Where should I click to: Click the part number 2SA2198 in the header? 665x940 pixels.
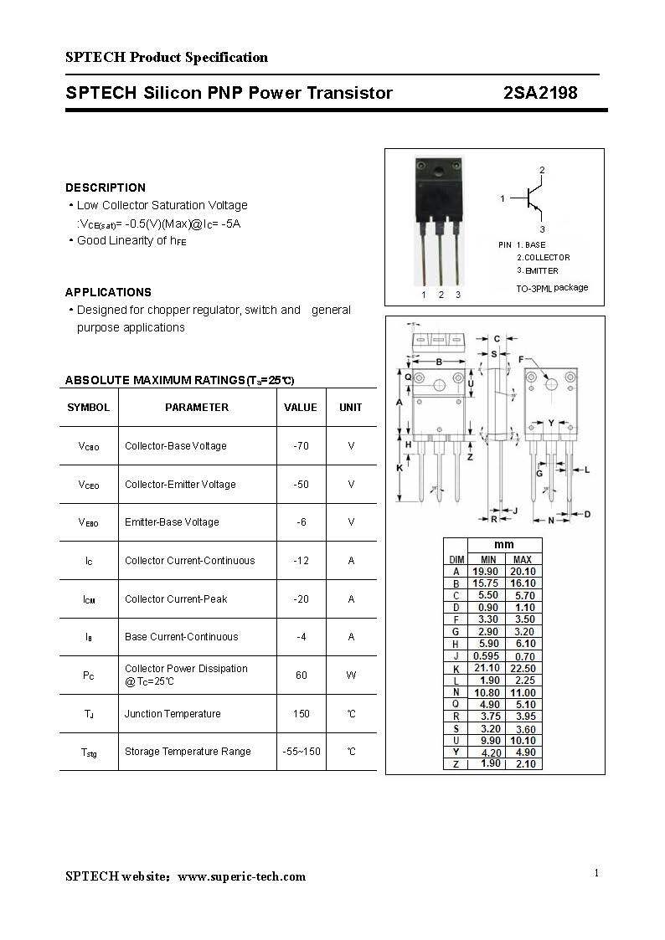click(x=540, y=93)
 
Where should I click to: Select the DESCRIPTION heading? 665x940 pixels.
click(x=106, y=187)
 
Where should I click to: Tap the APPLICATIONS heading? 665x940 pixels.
click(x=108, y=292)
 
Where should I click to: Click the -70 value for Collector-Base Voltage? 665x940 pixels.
click(x=301, y=446)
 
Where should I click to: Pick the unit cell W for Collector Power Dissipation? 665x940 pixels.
click(x=351, y=675)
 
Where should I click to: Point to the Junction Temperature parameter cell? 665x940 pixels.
click(x=173, y=714)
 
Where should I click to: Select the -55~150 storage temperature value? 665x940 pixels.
click(x=301, y=752)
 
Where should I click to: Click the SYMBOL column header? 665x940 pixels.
click(x=88, y=408)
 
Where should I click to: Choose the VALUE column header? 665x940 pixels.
click(x=301, y=408)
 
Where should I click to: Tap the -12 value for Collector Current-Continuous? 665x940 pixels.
click(x=301, y=561)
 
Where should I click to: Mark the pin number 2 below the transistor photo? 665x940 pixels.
click(x=441, y=295)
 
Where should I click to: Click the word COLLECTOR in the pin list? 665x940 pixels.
click(x=547, y=258)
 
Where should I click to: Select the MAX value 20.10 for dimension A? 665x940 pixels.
click(x=523, y=571)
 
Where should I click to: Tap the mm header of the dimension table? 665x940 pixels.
click(x=505, y=545)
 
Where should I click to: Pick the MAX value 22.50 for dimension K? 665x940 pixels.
click(x=523, y=668)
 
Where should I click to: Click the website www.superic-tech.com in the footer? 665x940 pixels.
click(x=241, y=876)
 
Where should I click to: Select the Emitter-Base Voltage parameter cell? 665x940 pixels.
click(x=172, y=522)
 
